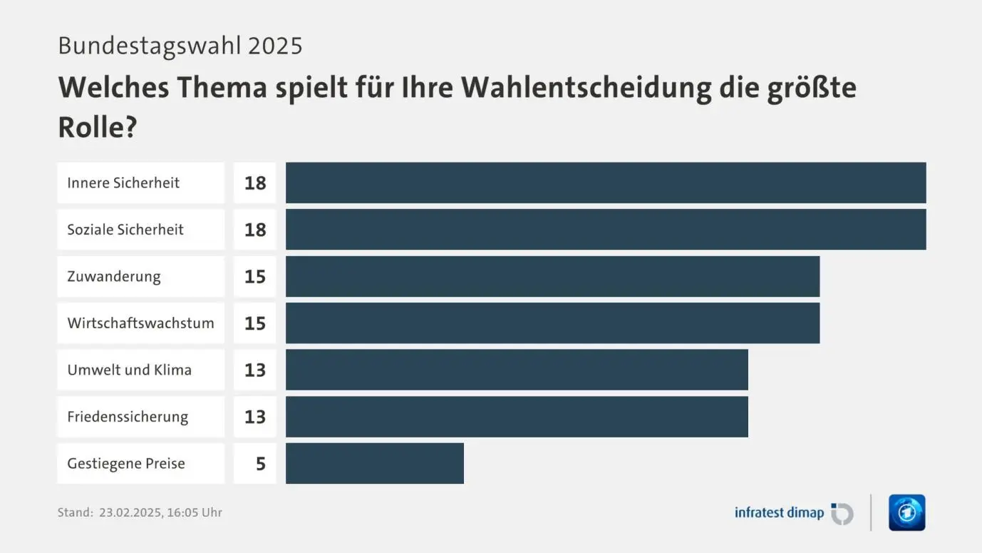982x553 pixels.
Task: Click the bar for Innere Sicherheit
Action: pos(606,183)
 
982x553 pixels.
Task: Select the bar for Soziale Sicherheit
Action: pos(606,229)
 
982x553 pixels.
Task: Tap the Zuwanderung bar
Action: pos(552,276)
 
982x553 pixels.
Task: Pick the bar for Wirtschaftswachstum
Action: pos(552,323)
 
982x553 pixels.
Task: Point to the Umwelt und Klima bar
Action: pos(517,370)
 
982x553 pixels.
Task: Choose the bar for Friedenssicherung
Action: pos(517,416)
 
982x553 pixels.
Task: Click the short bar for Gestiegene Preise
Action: pos(375,463)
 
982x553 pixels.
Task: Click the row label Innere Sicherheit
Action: pos(123,183)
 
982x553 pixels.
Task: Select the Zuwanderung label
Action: pos(114,276)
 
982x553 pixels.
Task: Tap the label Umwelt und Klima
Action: pos(129,370)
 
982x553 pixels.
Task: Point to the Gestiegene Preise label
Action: pos(126,463)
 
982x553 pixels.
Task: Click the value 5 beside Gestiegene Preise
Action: pos(260,464)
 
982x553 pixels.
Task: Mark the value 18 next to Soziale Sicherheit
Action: pos(255,230)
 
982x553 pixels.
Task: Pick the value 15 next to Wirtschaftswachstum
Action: pos(255,323)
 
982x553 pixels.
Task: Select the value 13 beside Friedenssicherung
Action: pos(255,417)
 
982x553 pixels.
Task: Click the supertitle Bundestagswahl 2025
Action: pos(180,46)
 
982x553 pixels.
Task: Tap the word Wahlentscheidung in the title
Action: pos(586,87)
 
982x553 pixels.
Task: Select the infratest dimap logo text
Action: pos(779,512)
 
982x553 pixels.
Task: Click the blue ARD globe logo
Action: pos(906,512)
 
